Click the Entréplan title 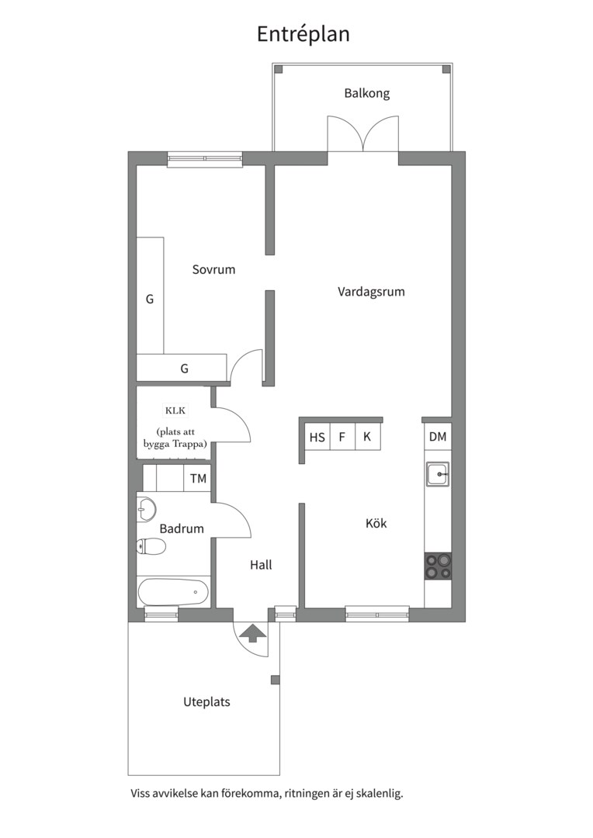[303, 33]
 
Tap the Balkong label [367, 93]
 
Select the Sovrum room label [214, 269]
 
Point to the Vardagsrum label [371, 292]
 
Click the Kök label [376, 523]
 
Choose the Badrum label [182, 528]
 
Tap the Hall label [261, 565]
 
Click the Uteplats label [207, 701]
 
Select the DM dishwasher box [438, 437]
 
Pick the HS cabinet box [317, 437]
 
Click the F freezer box [342, 437]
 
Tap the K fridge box [367, 437]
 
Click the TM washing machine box [198, 478]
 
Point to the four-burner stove [438, 566]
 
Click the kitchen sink [438, 474]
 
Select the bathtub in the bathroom [173, 592]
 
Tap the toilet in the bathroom [151, 546]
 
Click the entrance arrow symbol [251, 635]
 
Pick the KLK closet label [175, 411]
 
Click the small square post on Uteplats [276, 680]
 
